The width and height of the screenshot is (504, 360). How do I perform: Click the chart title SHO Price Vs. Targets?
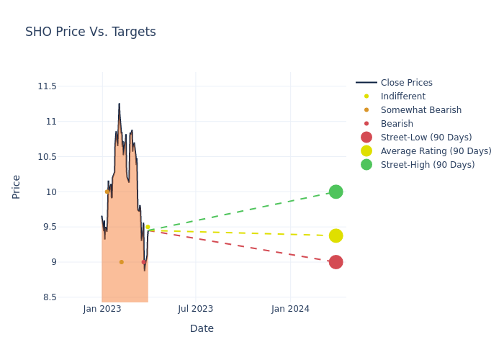[91, 32]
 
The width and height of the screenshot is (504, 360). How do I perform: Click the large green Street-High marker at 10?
[336, 192]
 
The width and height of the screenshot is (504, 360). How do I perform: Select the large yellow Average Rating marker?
[336, 235]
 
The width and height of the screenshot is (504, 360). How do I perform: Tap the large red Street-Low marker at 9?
[336, 262]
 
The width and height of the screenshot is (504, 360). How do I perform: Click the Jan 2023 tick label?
[102, 309]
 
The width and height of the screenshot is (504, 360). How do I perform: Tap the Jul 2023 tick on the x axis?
[196, 309]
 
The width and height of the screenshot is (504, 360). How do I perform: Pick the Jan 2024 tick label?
[291, 309]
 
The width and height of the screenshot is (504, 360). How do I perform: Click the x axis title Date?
[202, 329]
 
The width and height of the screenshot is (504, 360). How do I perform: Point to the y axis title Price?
[17, 186]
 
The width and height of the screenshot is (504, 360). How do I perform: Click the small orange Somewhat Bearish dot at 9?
[121, 262]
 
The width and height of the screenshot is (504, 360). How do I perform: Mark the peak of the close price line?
[119, 104]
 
